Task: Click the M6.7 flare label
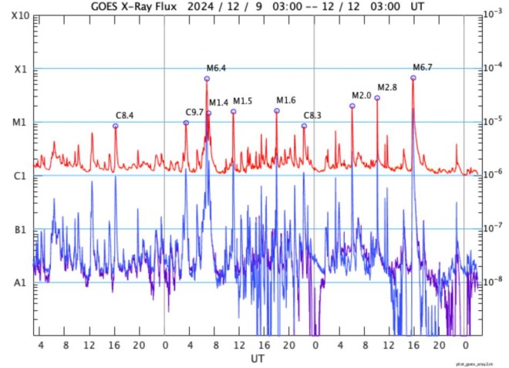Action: coord(423,67)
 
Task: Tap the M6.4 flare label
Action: coord(216,69)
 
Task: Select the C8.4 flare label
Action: coord(125,115)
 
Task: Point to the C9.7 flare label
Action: coord(194,112)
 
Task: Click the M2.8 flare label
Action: coord(386,87)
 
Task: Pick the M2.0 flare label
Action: coord(361,95)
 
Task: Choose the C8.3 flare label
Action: coord(312,115)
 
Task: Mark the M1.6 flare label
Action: coord(285,100)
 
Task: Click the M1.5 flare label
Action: coord(242,101)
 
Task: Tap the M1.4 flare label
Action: coord(218,103)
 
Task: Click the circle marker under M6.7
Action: coord(413,78)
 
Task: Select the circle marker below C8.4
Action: coord(116,126)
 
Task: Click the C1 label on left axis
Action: coord(20,176)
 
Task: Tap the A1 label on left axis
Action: coord(20,282)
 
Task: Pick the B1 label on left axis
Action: coord(20,229)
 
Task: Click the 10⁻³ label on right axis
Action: coord(489,14)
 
